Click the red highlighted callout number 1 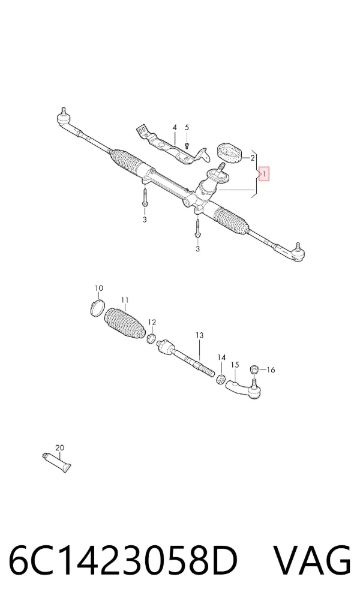click(264, 173)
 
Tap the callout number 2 click(252, 158)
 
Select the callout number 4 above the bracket click(175, 128)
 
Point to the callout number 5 click(187, 128)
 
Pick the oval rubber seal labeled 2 click(229, 152)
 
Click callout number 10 click(99, 289)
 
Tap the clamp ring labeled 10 click(97, 308)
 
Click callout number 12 click(152, 322)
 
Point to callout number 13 click(199, 335)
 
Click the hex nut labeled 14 click(220, 378)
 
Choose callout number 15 click(235, 365)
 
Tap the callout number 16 click(271, 369)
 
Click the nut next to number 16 click(253, 368)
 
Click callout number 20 click(59, 448)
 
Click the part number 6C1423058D click(123, 561)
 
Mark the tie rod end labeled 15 click(245, 390)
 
